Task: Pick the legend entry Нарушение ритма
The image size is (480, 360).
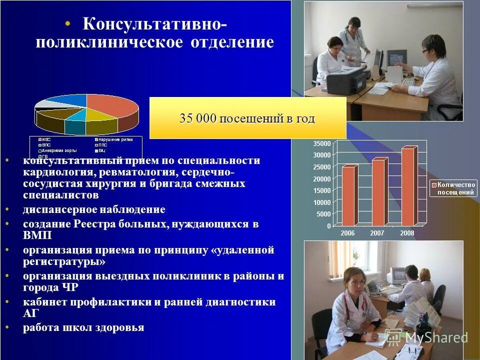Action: coord(115,139)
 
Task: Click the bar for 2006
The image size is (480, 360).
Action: coord(348,195)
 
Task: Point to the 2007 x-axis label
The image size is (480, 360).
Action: coord(378,233)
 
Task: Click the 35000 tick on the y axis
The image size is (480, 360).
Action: coord(322,143)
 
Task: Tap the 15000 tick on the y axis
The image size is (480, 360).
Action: coord(322,190)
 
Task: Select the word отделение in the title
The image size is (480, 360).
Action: coord(232,42)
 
